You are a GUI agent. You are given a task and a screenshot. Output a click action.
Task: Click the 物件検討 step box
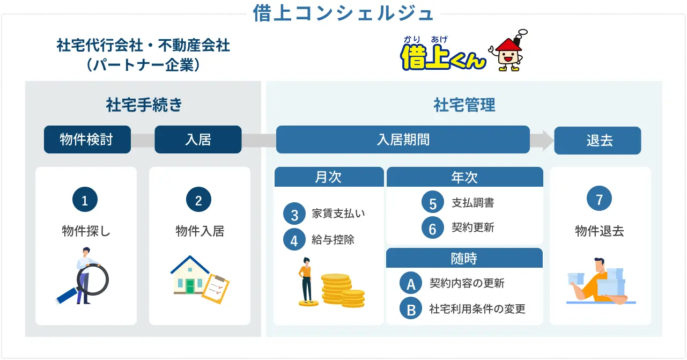[87, 139]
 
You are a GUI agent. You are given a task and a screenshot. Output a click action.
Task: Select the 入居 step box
[198, 139]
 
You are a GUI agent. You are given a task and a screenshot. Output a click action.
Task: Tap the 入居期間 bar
[403, 139]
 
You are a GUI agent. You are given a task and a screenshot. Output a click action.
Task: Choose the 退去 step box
[597, 141]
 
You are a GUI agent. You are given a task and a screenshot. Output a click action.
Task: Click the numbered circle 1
[85, 201]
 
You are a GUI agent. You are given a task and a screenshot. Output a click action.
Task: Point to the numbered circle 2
[198, 201]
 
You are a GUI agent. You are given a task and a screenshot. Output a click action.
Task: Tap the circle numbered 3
[294, 215]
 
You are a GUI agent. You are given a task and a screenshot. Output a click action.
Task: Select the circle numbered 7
[599, 200]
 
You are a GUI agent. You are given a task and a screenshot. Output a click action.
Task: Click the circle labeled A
[411, 284]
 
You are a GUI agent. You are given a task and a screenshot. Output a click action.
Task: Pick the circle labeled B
[411, 309]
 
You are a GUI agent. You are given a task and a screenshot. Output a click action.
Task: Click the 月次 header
[329, 177]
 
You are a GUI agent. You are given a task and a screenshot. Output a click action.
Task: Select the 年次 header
[464, 177]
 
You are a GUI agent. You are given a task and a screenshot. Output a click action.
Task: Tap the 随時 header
[464, 259]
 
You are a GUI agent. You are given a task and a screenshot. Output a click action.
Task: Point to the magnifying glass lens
[93, 278]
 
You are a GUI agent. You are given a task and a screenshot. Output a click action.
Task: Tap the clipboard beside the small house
[216, 289]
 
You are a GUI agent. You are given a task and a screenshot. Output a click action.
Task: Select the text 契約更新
[472, 227]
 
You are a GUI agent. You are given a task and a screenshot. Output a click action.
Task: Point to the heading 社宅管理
[464, 105]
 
